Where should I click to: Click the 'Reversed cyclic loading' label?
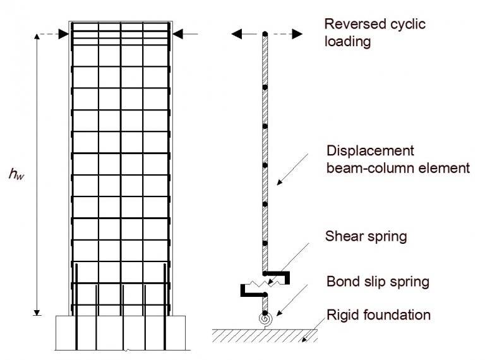click(374, 33)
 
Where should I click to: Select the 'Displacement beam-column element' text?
click(398, 160)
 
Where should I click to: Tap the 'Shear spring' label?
click(366, 237)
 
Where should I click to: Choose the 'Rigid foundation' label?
click(378, 314)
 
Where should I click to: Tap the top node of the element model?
click(265, 33)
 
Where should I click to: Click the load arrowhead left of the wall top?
click(63, 34)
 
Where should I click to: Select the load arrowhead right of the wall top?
click(177, 34)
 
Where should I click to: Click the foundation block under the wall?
click(121, 332)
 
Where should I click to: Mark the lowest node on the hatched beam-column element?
click(265, 243)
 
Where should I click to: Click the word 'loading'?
click(347, 43)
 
